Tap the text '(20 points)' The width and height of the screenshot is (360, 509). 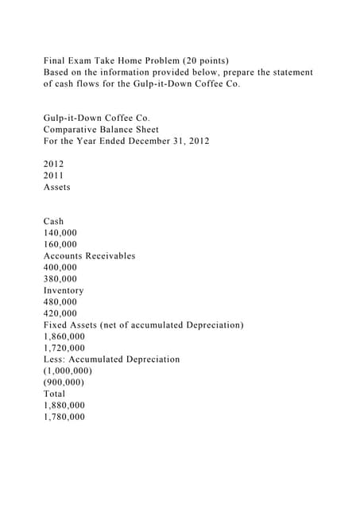[203, 60]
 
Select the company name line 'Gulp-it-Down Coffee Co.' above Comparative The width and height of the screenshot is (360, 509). [96, 118]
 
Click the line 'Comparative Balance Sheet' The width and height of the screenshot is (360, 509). [101, 130]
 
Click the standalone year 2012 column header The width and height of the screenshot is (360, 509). [53, 164]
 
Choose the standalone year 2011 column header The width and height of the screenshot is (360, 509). [53, 176]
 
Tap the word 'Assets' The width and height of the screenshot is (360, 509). [57, 187]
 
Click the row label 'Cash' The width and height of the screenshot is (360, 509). [54, 221]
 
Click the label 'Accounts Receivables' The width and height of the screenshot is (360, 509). [90, 256]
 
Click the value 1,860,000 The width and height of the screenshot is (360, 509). [64, 336]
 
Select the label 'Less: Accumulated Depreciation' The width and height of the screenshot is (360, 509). [112, 359]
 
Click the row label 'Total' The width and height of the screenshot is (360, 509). [55, 394]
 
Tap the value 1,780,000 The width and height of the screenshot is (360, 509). [64, 417]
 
